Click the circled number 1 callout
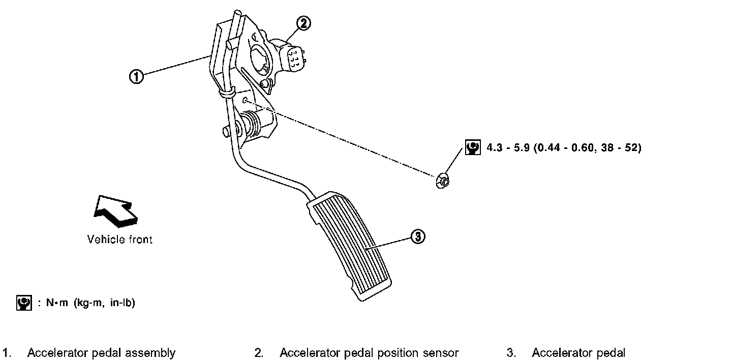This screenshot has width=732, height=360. pyautogui.click(x=136, y=76)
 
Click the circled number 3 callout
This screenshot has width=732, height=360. pyautogui.click(x=417, y=236)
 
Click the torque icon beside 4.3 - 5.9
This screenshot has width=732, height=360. pyautogui.click(x=473, y=147)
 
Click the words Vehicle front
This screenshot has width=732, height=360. pyautogui.click(x=120, y=239)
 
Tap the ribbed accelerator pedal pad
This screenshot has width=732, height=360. pyautogui.click(x=351, y=244)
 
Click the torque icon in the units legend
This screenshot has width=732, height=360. pyautogui.click(x=23, y=303)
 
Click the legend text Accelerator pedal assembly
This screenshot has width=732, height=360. pyautogui.click(x=101, y=353)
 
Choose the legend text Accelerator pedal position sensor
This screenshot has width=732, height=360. pyautogui.click(x=369, y=353)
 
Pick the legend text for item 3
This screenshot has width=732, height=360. pyautogui.click(x=578, y=353)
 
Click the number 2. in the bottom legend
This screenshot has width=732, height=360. pyautogui.click(x=259, y=353)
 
